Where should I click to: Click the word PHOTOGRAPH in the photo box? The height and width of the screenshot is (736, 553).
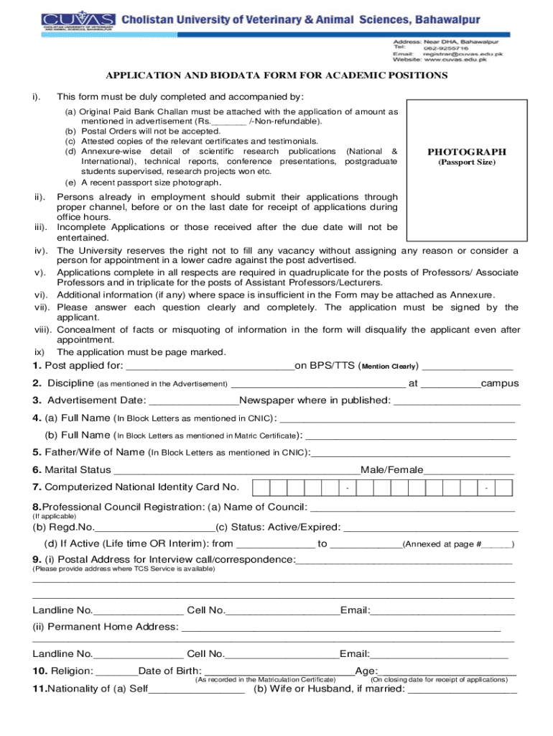coord(467,152)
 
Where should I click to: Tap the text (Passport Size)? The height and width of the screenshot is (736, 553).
coord(467,162)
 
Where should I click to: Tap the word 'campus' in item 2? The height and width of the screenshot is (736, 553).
coord(500,384)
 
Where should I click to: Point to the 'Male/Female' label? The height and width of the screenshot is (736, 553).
coord(392,470)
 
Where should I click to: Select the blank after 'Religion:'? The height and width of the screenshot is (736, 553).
coord(116,672)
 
